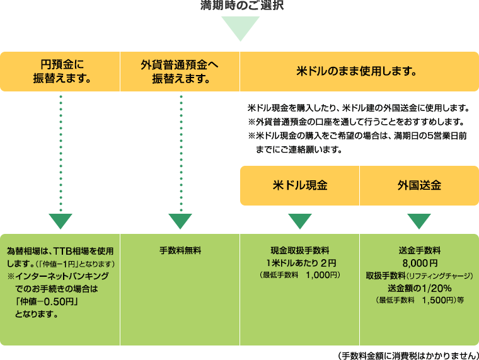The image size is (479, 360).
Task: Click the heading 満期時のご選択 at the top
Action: pos(242,5)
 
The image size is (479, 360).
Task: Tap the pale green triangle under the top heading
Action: pos(240,27)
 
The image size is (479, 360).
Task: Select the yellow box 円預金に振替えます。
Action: pos(60,71)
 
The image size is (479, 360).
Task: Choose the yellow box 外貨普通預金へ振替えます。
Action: pos(180,71)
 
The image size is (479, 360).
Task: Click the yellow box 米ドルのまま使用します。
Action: pos(359,71)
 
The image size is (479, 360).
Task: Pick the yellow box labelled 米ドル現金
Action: pos(299,185)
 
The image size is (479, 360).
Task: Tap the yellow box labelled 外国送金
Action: pos(419,185)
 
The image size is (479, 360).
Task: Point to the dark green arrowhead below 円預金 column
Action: pos(61,221)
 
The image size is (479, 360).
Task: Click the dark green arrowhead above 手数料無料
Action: pos(180,221)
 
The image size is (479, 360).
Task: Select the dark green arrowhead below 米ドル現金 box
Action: pos(300,221)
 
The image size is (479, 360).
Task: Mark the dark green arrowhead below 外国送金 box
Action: pos(419,221)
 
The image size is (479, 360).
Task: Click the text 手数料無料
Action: pos(180,250)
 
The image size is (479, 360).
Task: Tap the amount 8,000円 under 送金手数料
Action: pos(420,263)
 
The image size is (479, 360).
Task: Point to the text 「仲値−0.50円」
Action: pos(47,301)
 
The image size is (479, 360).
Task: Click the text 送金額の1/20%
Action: pos(420,288)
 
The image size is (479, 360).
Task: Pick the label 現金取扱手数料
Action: pos(300,250)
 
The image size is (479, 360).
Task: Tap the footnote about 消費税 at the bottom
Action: pos(408,356)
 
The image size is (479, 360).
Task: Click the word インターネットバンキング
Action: pos(62,276)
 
